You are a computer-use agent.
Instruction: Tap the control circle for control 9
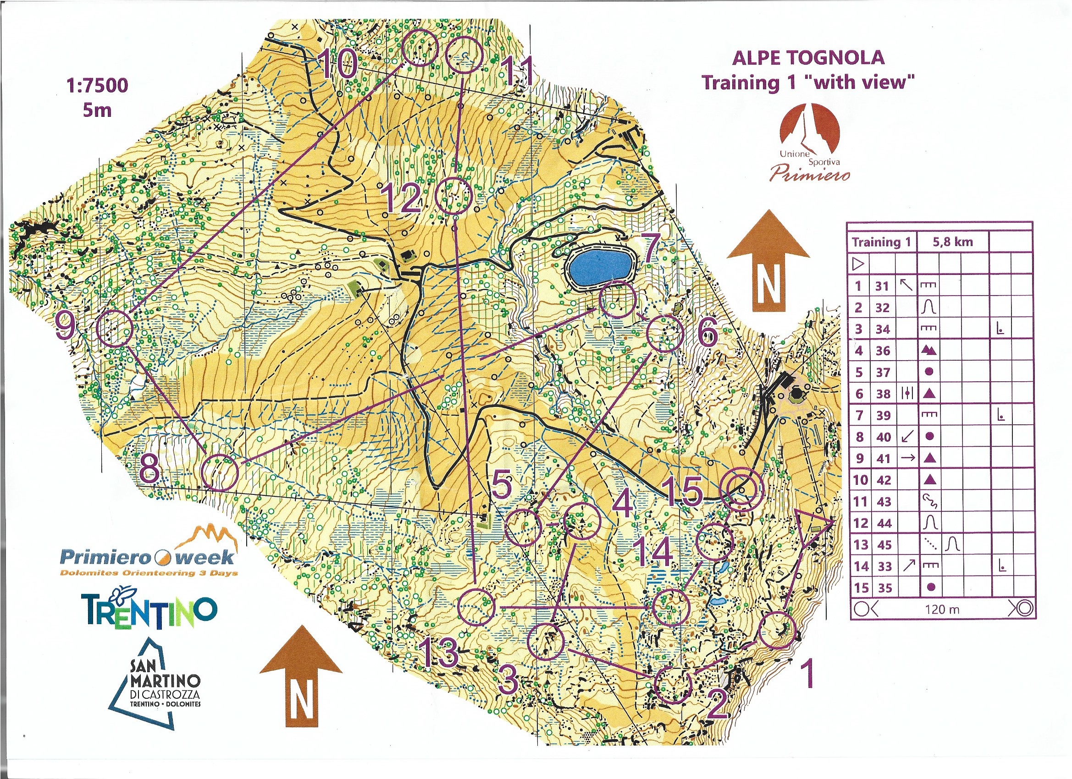pos(114,329)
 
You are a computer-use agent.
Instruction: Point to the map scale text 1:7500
pos(97,86)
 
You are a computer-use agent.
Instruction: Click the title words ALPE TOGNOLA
pos(808,58)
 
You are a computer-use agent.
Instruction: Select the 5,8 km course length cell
pos(952,242)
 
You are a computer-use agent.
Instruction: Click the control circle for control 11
pos(464,55)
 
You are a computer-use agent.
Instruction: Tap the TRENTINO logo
pos(149,609)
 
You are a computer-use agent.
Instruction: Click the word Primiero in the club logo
pos(810,173)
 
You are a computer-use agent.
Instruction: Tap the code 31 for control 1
pos(882,286)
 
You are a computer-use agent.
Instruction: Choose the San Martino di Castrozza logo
pos(156,685)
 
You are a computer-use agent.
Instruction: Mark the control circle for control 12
pos(453,196)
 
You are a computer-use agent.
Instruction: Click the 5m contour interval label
pos(97,110)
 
